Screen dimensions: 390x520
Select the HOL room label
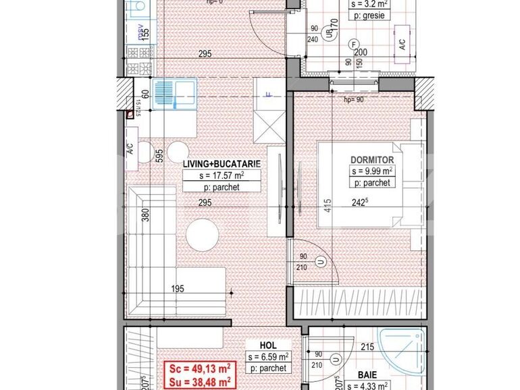click(x=267, y=345)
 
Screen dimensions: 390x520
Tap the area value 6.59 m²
click(x=268, y=356)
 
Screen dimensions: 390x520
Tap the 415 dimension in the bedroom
click(x=327, y=204)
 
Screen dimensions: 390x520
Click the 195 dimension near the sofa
click(x=177, y=289)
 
